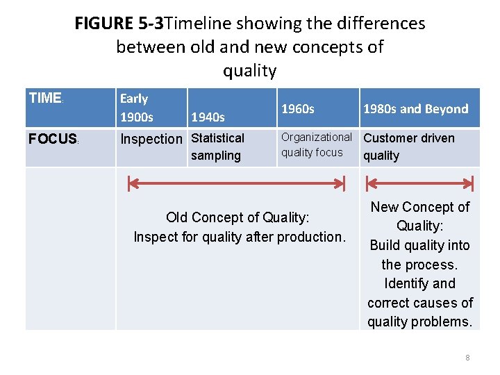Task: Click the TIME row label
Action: pos(46,98)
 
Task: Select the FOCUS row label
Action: pos(53,139)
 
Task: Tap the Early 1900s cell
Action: pos(137,108)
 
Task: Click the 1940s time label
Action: pos(208,117)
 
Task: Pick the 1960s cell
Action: pos(298,108)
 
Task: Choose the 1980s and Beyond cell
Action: pos(415,108)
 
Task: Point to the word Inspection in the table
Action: pos(151,139)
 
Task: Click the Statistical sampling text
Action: pos(217,147)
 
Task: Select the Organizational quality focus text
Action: pos(316,144)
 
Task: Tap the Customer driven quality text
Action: pos(408,147)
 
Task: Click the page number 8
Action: pos(467,358)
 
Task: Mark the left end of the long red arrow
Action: pos(129,184)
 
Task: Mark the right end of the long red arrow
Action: pos(343,184)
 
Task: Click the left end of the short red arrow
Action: pos(366,184)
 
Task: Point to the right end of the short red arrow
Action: pos(472,184)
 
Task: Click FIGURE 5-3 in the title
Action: pos(119,24)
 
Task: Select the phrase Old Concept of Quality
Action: pos(238,217)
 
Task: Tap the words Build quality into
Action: pos(419,245)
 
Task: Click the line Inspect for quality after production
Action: pos(239,237)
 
